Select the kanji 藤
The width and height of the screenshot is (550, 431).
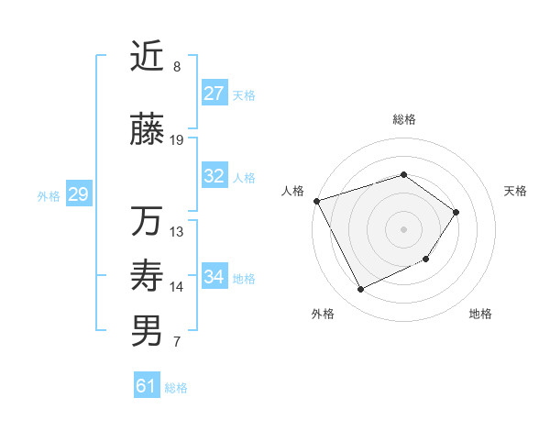147,131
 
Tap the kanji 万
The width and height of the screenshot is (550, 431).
147,223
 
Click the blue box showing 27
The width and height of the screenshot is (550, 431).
214,94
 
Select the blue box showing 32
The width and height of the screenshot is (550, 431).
214,176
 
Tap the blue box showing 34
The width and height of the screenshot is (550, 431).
214,277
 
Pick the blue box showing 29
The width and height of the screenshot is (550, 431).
78,194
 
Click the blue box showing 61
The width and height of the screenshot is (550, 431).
146,386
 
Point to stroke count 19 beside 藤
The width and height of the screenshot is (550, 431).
177,140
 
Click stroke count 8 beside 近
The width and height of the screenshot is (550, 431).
177,67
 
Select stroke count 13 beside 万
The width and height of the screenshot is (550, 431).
177,232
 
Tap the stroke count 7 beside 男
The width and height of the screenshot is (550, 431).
177,343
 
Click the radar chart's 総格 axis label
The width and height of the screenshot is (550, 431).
403,119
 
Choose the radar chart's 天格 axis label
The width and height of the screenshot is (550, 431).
516,191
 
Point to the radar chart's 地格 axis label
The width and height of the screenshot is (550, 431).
480,314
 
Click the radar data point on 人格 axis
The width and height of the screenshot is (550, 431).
316,201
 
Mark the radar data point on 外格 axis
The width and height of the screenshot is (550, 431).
361,290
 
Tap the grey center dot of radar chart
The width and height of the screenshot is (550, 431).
403,229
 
